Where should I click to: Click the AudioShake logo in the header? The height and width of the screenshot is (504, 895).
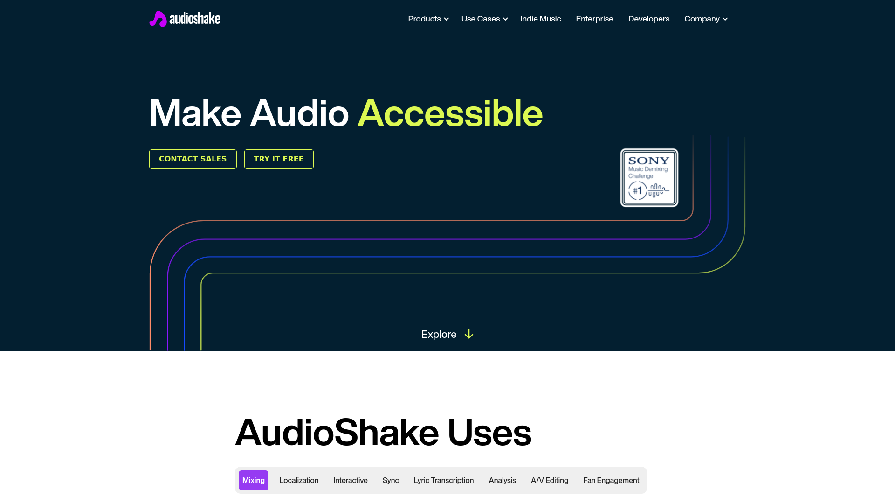click(x=185, y=19)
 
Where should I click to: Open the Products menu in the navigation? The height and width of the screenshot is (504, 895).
click(x=428, y=19)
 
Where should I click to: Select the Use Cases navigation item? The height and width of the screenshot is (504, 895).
click(x=484, y=19)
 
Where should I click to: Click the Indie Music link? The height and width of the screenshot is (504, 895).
click(x=540, y=19)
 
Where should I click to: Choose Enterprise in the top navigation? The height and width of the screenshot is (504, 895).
click(x=594, y=19)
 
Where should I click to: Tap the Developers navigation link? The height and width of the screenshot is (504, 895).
click(x=648, y=19)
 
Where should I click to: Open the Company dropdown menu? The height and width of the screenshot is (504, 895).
click(x=705, y=19)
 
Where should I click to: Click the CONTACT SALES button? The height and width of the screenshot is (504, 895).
click(x=193, y=159)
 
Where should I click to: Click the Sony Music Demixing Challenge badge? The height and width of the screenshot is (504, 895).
click(x=649, y=178)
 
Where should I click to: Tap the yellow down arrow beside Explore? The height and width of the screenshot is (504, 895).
click(x=469, y=334)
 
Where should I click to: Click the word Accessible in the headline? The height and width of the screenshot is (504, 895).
click(x=450, y=113)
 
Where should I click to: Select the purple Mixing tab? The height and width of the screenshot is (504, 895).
click(x=253, y=480)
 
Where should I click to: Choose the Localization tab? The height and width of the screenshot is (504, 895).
click(x=299, y=480)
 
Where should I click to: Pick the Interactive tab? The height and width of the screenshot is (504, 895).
click(x=350, y=480)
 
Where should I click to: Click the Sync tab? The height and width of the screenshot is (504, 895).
click(x=391, y=480)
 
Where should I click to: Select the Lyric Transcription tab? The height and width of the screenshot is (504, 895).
click(x=443, y=480)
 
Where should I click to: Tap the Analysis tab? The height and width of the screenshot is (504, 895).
click(x=502, y=480)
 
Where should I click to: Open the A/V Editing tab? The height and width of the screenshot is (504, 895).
click(x=549, y=480)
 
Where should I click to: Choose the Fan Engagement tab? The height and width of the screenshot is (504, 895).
click(x=611, y=480)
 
